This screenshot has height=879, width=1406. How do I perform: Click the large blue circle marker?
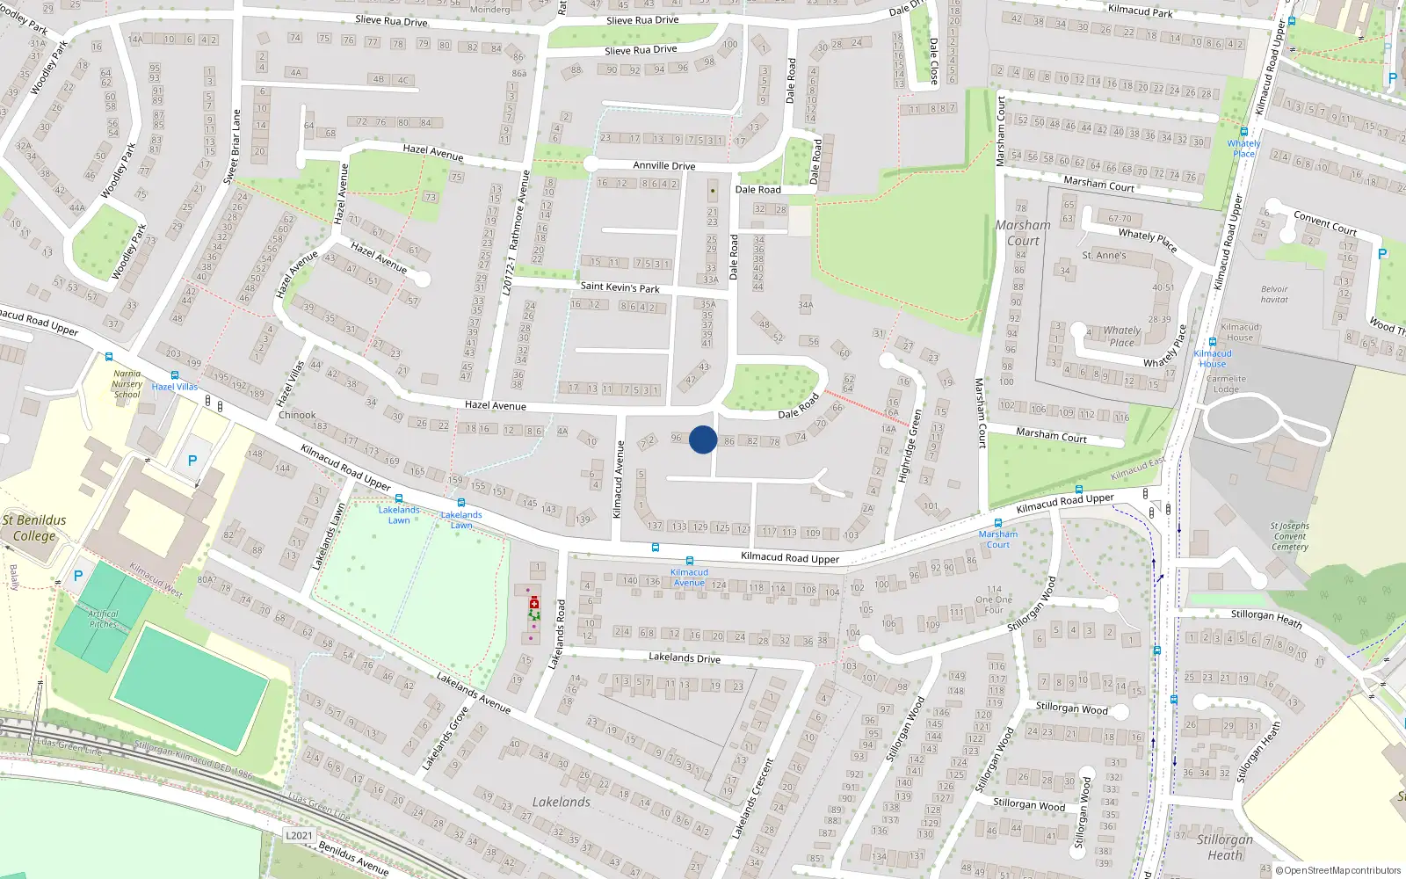[x=703, y=439]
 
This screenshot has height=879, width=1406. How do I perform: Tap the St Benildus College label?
[x=34, y=527]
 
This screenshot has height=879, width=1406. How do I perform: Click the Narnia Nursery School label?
[x=127, y=384]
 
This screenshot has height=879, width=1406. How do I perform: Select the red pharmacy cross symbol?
[x=533, y=604]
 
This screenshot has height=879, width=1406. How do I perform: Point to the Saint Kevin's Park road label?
[x=620, y=287]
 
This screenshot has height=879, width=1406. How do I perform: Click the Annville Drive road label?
[x=663, y=165]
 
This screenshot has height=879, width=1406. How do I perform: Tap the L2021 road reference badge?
[x=299, y=835]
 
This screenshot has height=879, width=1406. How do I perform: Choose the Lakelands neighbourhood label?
[x=561, y=802]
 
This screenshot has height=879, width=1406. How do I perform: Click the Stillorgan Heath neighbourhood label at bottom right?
[x=1225, y=846]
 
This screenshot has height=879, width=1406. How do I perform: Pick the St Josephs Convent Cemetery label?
[x=1289, y=536]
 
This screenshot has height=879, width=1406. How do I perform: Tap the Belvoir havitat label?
[x=1274, y=294]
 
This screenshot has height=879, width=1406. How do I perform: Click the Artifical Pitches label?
[x=103, y=619]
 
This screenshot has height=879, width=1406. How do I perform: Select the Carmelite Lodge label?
[x=1226, y=383]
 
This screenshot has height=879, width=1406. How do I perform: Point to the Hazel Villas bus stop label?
[x=174, y=387]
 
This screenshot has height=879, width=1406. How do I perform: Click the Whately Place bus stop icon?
[x=1243, y=132]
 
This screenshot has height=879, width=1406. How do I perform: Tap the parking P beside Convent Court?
[x=1382, y=254]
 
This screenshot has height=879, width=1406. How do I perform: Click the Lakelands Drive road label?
[x=684, y=657]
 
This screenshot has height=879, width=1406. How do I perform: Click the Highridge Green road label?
[x=910, y=446]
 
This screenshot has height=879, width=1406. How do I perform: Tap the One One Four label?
[x=994, y=599]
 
